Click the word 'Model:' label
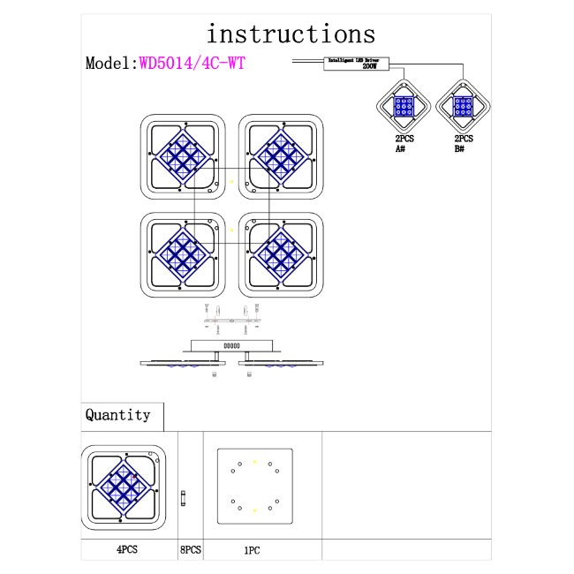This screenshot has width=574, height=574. click(x=109, y=64)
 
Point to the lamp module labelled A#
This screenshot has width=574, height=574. click(x=404, y=107)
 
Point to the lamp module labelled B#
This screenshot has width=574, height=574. click(x=464, y=107)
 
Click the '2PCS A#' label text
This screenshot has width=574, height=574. click(x=404, y=144)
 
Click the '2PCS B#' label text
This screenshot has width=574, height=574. click(x=464, y=144)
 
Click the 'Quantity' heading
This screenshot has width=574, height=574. click(x=117, y=414)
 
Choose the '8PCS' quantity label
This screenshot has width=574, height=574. click(x=191, y=548)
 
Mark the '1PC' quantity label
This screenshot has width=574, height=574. click(x=251, y=548)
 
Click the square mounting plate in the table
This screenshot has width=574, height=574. click(x=254, y=486)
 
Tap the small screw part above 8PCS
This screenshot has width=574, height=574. click(x=183, y=497)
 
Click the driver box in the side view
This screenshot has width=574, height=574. click(x=232, y=346)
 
